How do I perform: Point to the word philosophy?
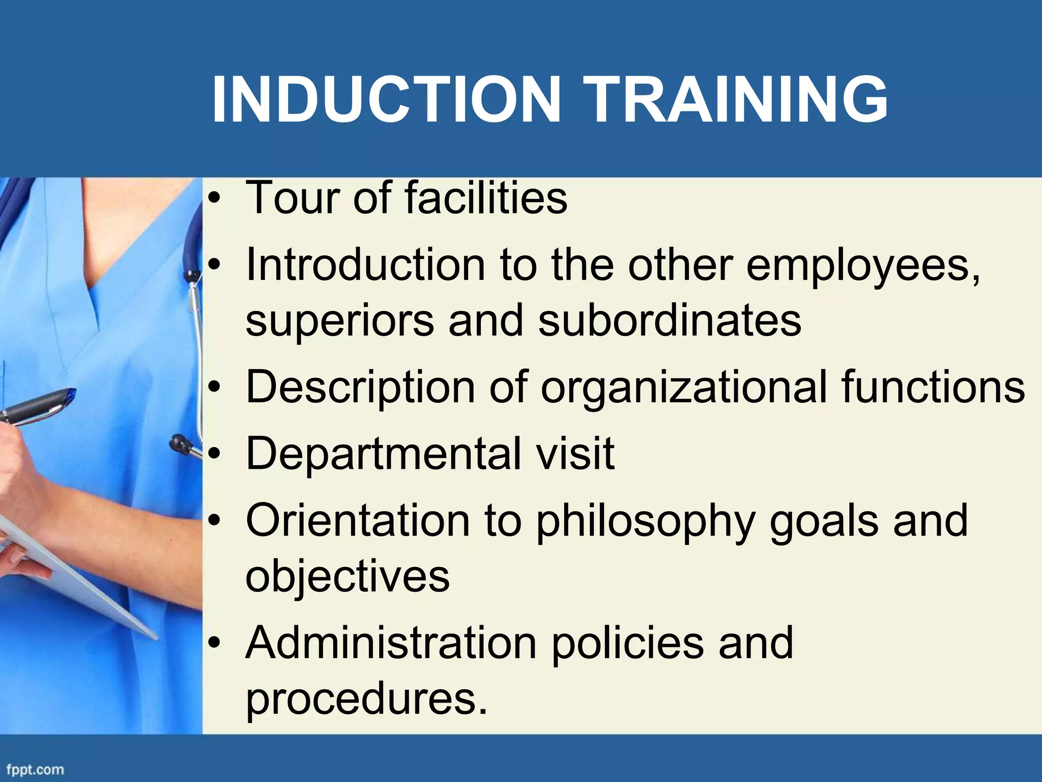(x=645, y=522)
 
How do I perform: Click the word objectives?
(x=348, y=577)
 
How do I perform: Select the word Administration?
(x=391, y=643)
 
